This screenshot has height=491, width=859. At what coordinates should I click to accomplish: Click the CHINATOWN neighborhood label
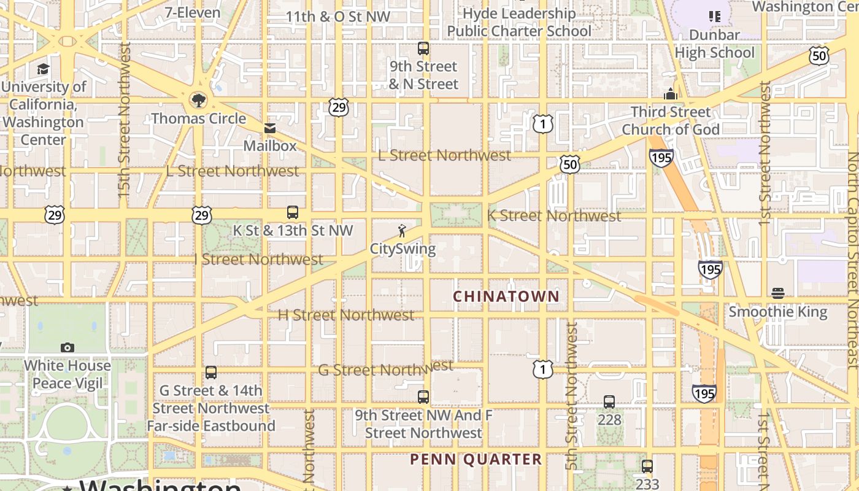tap(506, 296)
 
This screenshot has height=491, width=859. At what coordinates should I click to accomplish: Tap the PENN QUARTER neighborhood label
tap(476, 459)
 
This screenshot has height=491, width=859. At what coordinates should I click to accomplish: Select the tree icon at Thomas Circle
tap(198, 100)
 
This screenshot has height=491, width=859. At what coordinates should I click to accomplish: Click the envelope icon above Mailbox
tap(270, 128)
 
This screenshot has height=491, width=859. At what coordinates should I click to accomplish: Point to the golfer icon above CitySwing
tap(402, 231)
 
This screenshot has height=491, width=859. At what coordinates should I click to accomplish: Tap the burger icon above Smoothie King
tap(778, 293)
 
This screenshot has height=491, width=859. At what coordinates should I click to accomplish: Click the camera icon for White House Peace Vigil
tap(67, 347)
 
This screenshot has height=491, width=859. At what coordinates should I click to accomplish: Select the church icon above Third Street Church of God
tap(671, 95)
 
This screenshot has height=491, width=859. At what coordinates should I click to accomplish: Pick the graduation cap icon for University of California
tap(43, 69)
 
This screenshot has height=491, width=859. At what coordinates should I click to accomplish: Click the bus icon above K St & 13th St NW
tap(293, 212)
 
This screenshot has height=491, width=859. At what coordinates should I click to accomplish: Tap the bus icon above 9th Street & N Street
tap(423, 48)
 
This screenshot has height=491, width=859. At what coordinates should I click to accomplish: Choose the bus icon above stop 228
tap(609, 402)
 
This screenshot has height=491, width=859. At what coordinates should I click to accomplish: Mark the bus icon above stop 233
tap(647, 466)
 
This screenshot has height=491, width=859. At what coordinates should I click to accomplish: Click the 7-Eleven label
tap(193, 12)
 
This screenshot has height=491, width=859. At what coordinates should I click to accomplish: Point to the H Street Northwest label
tap(346, 315)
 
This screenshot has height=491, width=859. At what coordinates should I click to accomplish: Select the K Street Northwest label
tap(554, 216)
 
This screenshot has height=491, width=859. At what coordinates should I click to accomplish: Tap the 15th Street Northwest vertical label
tap(125, 120)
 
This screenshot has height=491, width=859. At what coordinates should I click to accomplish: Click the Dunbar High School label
tap(715, 44)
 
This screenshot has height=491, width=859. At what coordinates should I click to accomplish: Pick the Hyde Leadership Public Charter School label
tap(519, 22)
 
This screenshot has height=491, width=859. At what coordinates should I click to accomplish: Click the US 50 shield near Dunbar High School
tap(819, 56)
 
